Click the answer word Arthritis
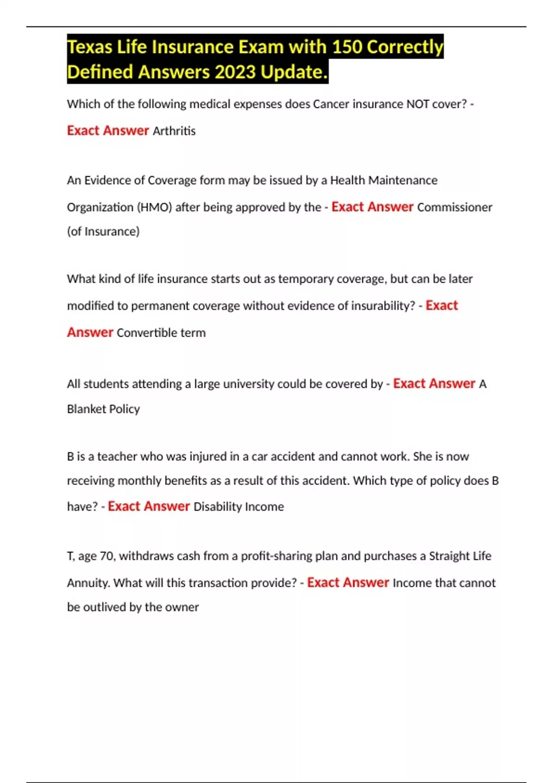tap(174, 131)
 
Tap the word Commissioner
tap(454, 207)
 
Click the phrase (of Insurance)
tap(103, 231)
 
